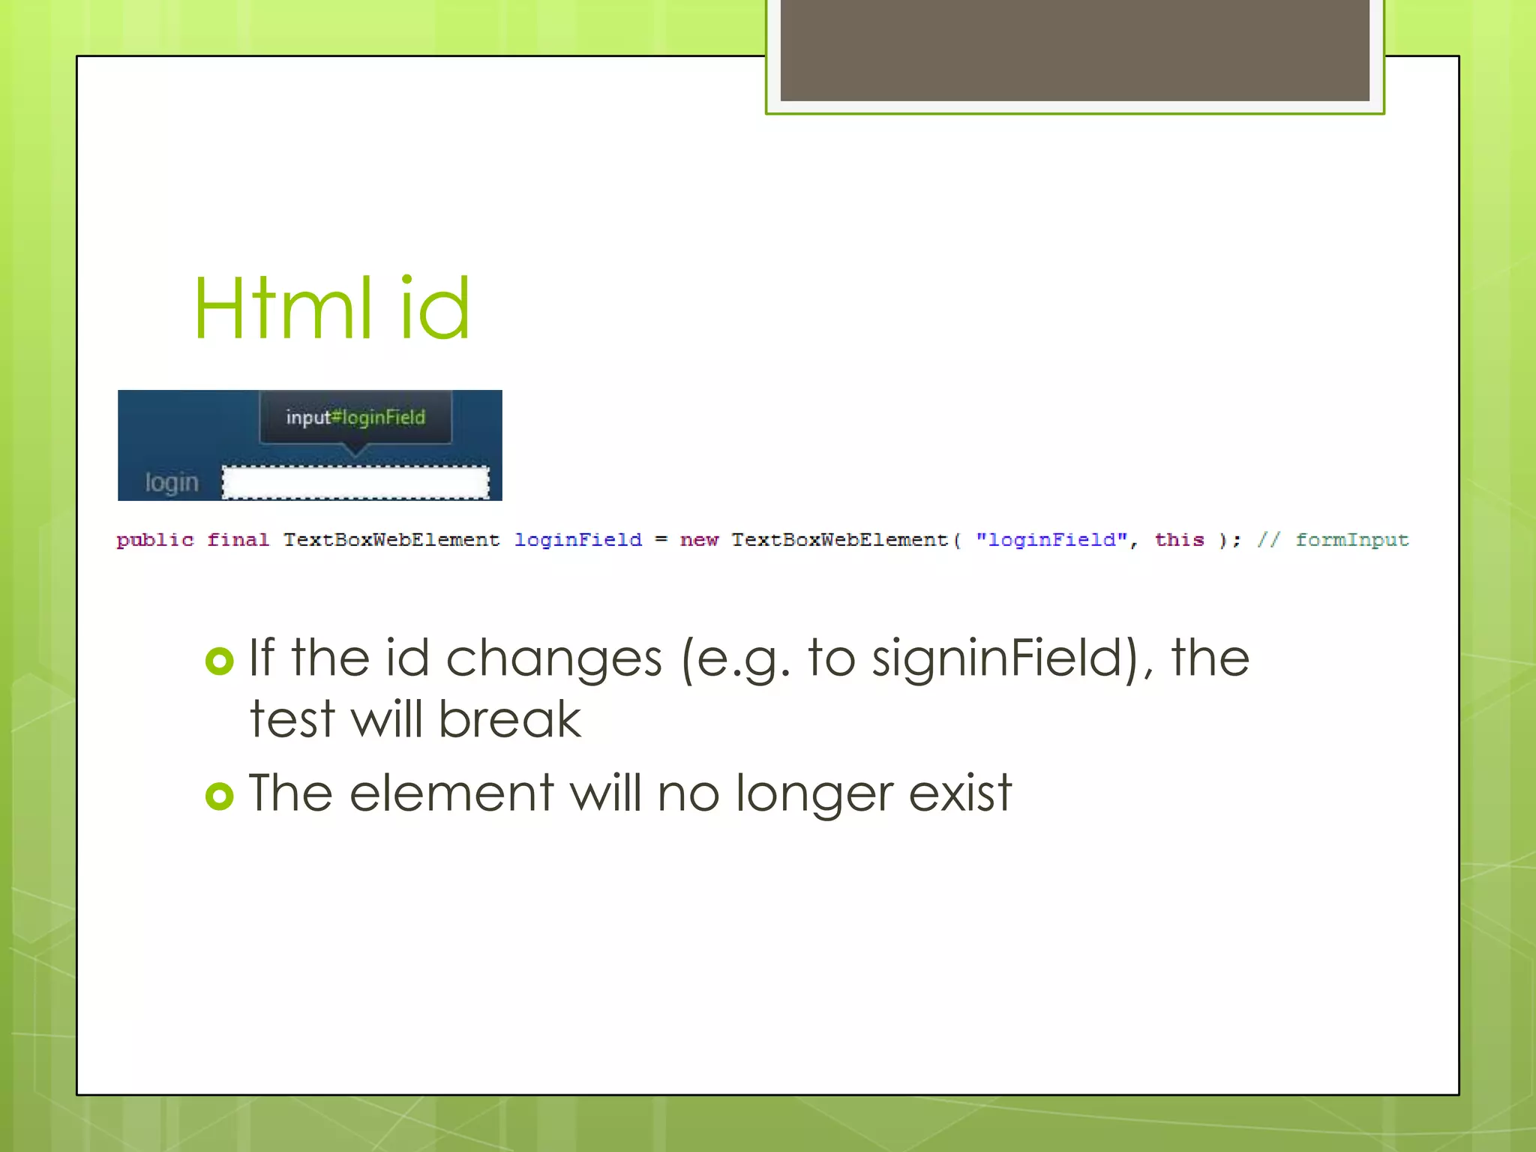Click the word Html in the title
[282, 308]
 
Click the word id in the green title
[434, 308]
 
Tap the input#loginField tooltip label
[355, 417]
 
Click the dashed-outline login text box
[355, 482]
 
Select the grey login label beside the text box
[172, 482]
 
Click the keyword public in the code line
[155, 540]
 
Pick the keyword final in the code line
[238, 540]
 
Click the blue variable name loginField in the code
[578, 540]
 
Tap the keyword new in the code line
[699, 540]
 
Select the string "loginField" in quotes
[1051, 540]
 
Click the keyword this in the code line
[1179, 540]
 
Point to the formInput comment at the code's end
[1351, 540]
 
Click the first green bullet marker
[220, 661]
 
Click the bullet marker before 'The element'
[220, 796]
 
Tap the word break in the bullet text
[509, 719]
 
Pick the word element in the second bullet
[451, 793]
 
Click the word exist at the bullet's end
[960, 793]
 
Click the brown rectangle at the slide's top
[1075, 49]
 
